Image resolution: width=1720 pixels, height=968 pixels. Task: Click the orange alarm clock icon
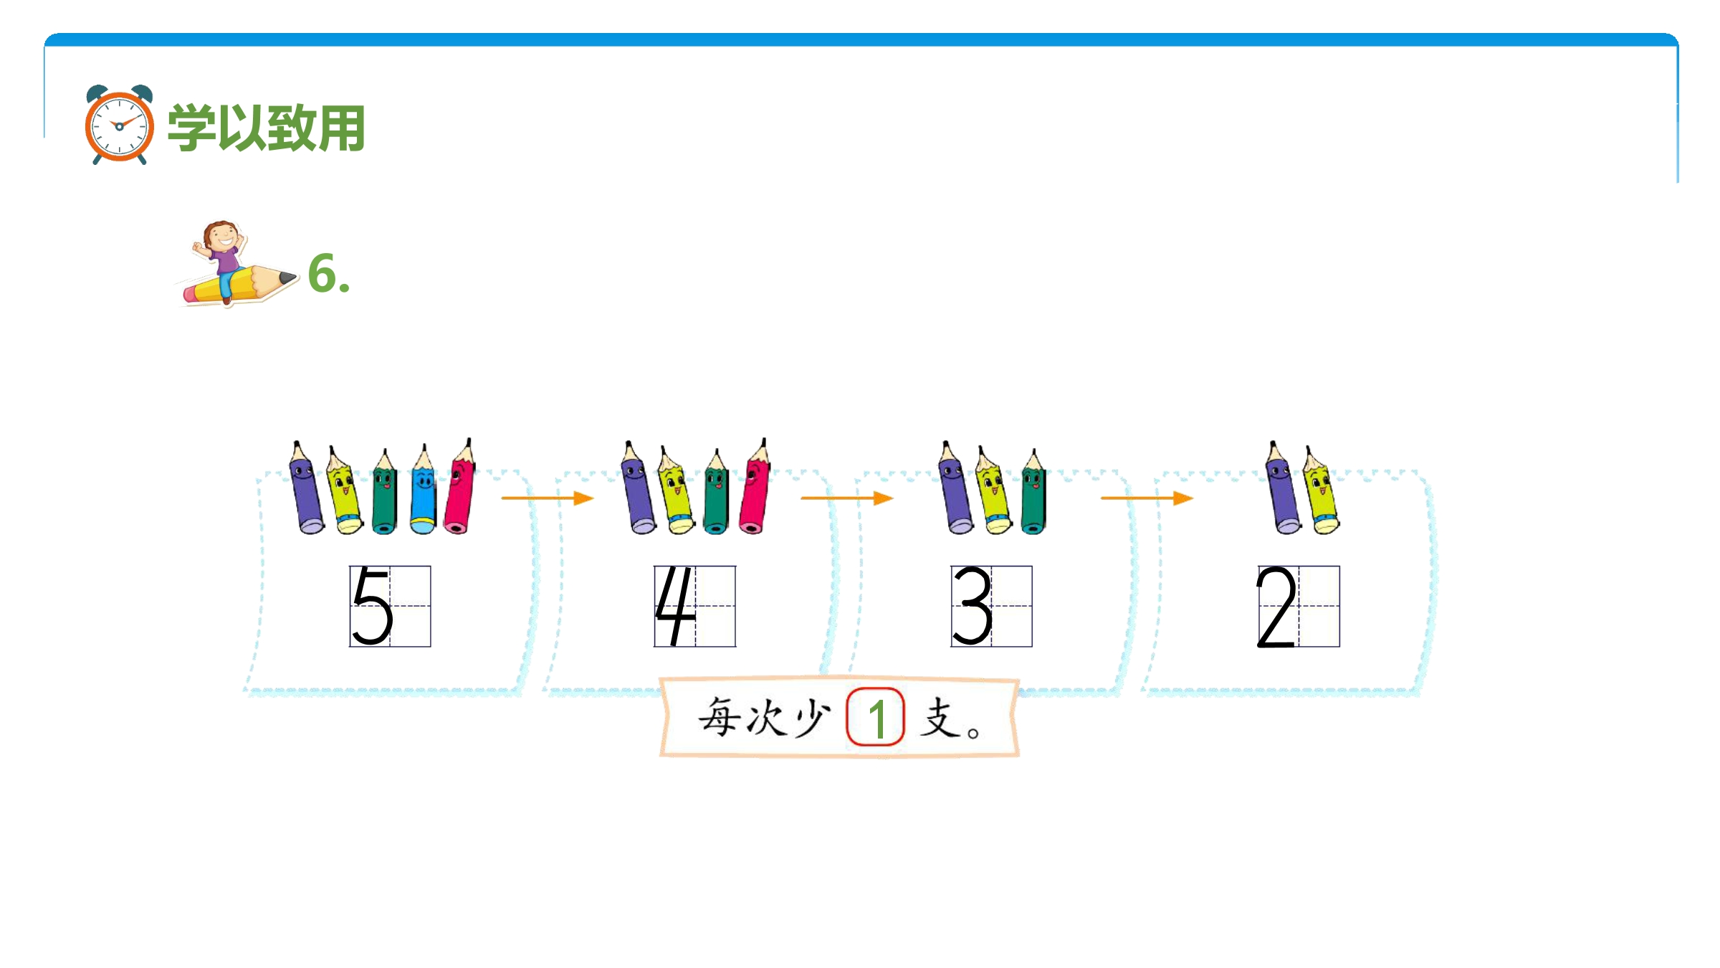click(119, 125)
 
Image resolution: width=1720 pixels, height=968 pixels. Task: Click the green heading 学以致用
click(267, 128)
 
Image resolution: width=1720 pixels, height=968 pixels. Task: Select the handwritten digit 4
click(675, 606)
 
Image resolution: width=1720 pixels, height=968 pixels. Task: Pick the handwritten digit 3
click(972, 606)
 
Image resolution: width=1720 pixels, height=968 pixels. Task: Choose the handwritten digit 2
click(1276, 607)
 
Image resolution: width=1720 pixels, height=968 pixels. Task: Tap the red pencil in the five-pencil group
click(459, 487)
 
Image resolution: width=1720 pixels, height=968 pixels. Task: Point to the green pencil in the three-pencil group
click(1033, 492)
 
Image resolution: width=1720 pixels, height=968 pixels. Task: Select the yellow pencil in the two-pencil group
click(1321, 490)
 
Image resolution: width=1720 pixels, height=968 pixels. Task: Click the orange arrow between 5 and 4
click(548, 498)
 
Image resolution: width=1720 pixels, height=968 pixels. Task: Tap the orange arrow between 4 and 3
click(847, 498)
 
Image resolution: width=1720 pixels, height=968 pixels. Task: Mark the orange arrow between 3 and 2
click(1147, 498)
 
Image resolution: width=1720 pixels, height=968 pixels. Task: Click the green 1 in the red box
click(876, 718)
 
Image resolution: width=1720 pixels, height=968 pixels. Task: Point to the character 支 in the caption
click(941, 718)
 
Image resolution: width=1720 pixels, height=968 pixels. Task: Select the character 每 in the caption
click(720, 716)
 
